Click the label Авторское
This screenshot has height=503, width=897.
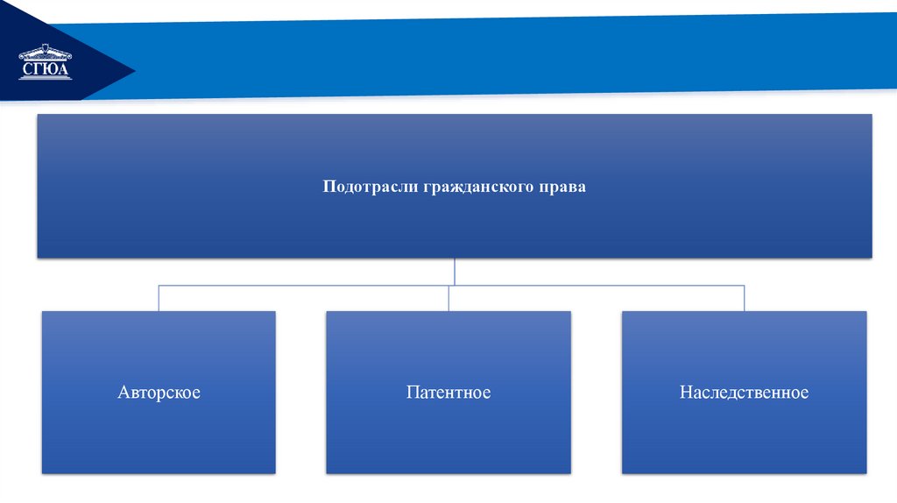159,393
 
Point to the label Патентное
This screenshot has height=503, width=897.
448,393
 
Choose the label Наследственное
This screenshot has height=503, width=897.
744,393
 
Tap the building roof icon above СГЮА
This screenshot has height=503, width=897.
46,53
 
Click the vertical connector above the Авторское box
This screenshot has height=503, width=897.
159,298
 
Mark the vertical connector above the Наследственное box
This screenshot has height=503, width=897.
744,298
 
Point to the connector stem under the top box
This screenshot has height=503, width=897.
454,271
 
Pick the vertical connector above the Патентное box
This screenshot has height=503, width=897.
448,298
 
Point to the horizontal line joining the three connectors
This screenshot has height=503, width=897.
307,285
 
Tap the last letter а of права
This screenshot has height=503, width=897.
582,188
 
